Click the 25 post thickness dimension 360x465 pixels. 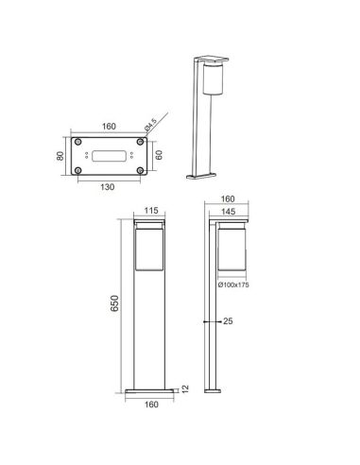[x=228, y=322]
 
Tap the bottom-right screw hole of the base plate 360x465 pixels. [x=139, y=170]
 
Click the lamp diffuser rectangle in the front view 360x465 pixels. [x=149, y=250]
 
